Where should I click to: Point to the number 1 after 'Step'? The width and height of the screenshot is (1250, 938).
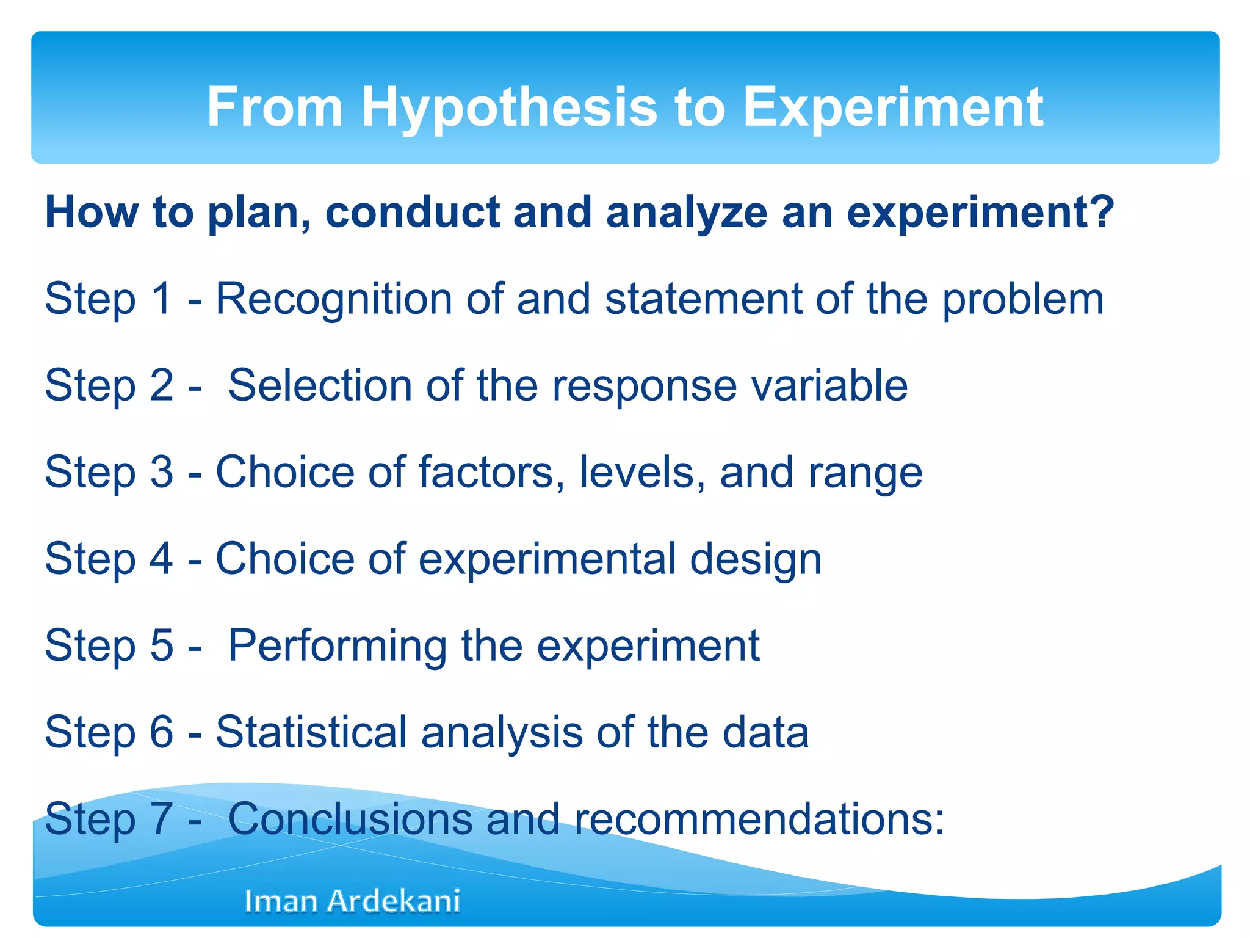pos(161,299)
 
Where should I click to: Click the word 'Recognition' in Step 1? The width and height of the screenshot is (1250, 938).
pos(334,299)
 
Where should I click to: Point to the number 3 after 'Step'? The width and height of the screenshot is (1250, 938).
pos(161,472)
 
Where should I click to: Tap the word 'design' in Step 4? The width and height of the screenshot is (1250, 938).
pos(755,559)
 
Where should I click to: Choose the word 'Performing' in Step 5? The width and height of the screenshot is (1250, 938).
pos(338,646)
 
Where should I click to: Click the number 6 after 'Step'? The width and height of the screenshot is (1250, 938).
pos(161,732)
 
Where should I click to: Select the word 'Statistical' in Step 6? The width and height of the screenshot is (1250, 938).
pos(311,732)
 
